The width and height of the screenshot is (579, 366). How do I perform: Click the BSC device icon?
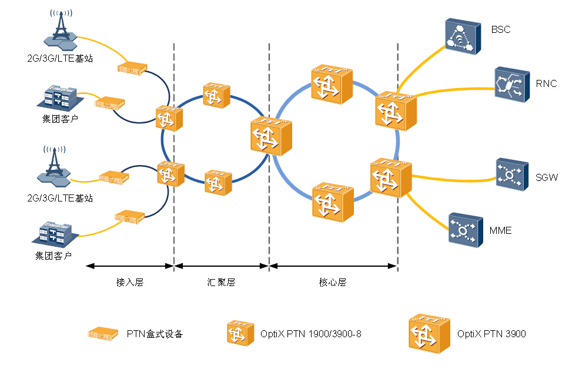coord(460,36)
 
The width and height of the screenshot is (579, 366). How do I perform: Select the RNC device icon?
coord(509,84)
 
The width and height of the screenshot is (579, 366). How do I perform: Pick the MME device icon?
coord(464,229)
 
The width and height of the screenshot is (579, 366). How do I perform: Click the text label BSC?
coord(500,29)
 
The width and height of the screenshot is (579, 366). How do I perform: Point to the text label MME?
coord(500,230)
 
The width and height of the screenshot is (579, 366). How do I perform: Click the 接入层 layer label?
coord(130,283)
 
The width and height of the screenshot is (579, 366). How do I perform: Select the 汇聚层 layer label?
coord(222,283)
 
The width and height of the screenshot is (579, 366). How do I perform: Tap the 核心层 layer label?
coord(333,283)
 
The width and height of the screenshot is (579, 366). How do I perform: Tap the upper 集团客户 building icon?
coord(59,97)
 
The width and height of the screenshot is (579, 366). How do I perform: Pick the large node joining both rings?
coord(270,137)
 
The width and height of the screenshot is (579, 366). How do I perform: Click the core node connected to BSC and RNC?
coord(395,110)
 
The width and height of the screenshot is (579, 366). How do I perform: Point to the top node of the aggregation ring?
coord(216,95)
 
